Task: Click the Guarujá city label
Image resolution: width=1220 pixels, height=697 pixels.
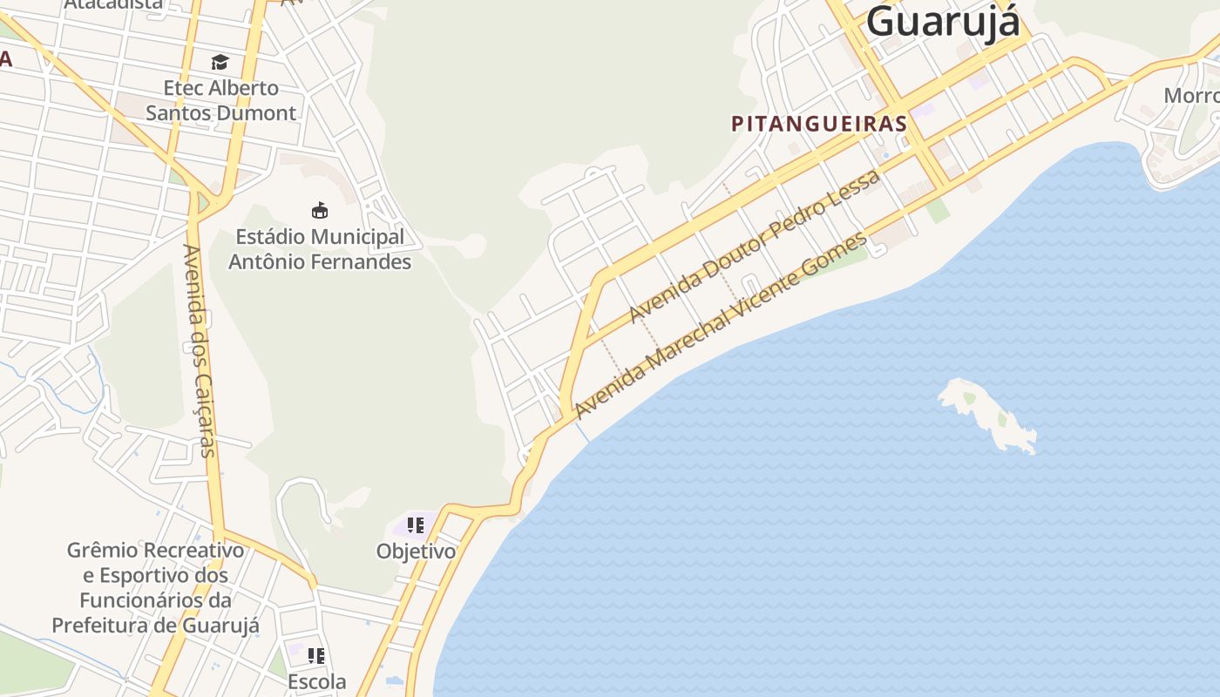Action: pos(943,21)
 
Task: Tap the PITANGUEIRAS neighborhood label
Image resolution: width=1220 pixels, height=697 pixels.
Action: pos(819,124)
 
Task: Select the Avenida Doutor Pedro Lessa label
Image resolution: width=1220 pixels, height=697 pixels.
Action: pos(755,245)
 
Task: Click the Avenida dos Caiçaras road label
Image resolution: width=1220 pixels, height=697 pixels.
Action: pos(198,350)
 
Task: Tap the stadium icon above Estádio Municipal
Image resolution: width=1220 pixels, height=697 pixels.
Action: pos(320,210)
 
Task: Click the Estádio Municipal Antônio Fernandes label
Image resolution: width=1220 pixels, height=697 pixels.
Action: pos(320,248)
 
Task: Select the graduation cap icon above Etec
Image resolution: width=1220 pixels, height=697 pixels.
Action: pos(220,62)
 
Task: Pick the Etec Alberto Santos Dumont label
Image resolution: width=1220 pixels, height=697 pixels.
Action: pos(221,100)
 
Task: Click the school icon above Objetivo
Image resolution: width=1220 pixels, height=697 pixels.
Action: pos(416,525)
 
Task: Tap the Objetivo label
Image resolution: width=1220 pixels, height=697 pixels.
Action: pos(416,552)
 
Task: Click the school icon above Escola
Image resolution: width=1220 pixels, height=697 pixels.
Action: pos(316,655)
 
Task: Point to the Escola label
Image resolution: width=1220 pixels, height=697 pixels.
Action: pos(316,681)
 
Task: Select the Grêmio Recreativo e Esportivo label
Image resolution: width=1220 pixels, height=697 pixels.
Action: pos(156,587)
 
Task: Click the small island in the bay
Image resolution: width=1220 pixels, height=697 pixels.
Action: pos(985,413)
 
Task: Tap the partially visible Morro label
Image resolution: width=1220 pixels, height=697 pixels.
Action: pos(1191,95)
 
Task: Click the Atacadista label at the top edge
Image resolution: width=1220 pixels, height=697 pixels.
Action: pos(113,4)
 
